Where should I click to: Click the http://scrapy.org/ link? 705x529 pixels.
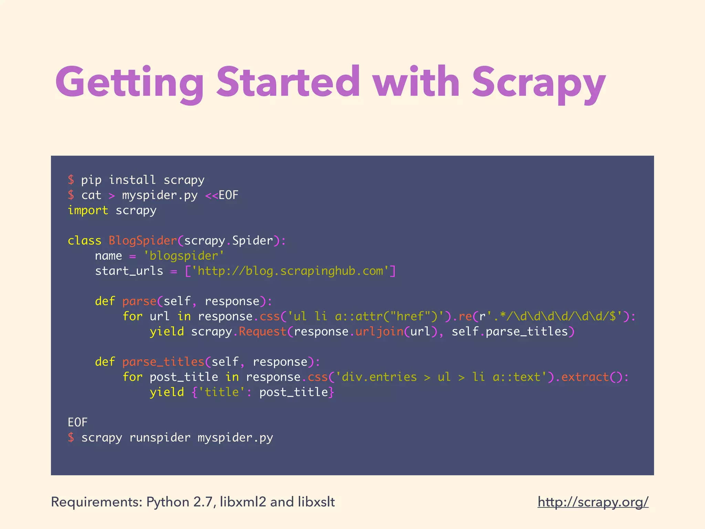coord(593,502)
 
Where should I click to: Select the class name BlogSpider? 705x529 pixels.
coord(143,240)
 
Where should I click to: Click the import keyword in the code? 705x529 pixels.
coord(88,210)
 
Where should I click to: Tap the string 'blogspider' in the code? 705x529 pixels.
coord(184,256)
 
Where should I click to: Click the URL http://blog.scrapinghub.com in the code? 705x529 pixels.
coord(290,271)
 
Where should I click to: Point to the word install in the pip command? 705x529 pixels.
coord(132,180)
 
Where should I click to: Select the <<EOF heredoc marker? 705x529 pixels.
coord(222,195)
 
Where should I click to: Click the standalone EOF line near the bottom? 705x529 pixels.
coord(78,422)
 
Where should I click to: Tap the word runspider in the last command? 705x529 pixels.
coord(160,437)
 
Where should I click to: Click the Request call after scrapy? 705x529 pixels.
coord(263,331)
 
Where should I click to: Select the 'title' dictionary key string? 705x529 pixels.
coord(222,392)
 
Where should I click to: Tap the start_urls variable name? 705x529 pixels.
coord(129,271)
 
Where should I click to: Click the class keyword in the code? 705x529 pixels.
coord(84,240)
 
